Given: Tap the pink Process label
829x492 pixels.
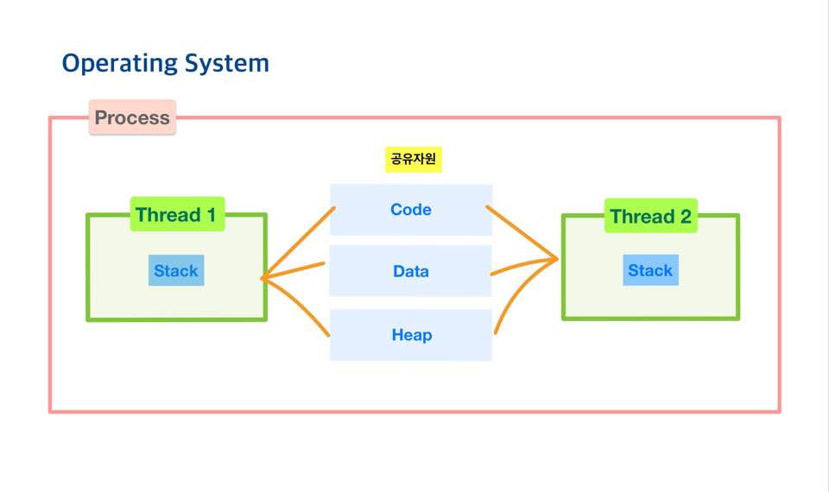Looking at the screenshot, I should pos(132,117).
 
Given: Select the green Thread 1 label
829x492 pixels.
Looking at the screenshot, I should pos(176,215).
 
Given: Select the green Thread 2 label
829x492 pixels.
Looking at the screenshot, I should pos(650,217).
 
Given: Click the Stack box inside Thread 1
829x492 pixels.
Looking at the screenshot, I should pos(176,271).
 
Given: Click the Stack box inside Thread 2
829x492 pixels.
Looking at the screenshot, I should pos(650,271).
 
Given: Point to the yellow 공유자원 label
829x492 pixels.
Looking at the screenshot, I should pos(413,160).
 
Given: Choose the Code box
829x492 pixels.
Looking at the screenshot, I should pos(411,210).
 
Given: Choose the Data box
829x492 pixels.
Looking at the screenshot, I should pos(411,271).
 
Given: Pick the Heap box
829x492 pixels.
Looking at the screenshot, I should pos(411,335).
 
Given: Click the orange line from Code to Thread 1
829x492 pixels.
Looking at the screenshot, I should pos(298,243).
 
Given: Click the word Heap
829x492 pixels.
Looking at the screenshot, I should pos(411,335).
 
